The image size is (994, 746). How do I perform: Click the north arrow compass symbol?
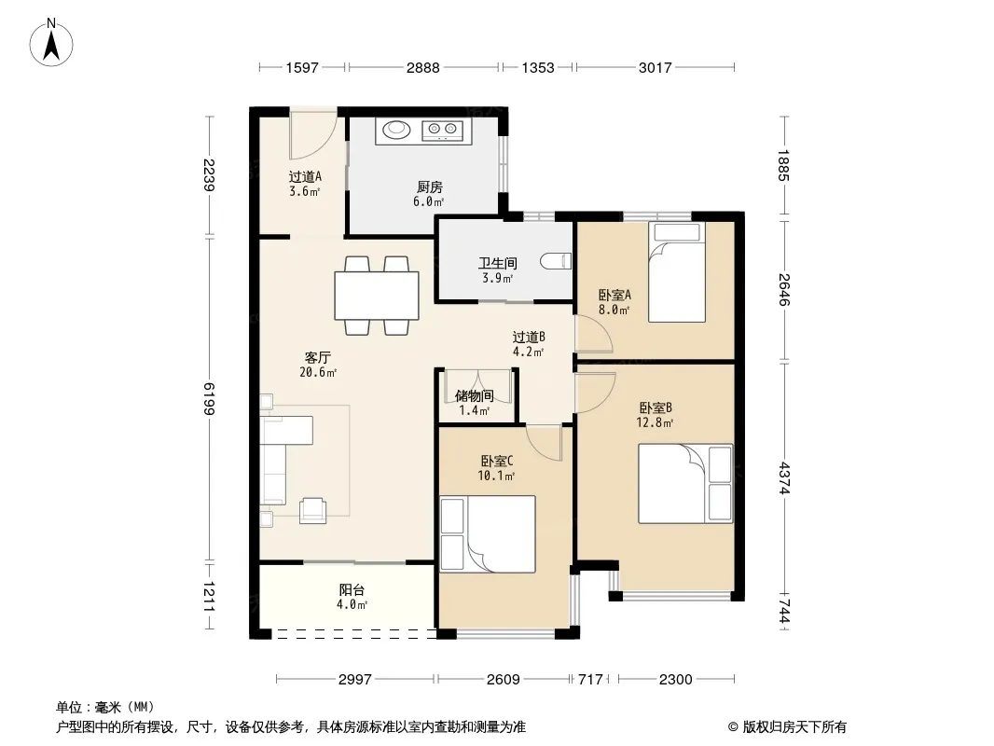(x=51, y=43)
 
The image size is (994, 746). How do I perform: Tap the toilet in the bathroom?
(x=556, y=261)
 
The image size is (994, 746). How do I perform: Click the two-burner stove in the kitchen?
(x=443, y=131)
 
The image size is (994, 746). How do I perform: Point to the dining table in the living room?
(x=377, y=296)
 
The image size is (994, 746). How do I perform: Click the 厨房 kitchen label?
(x=429, y=187)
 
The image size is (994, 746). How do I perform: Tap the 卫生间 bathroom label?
(x=498, y=263)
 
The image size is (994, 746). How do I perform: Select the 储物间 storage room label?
(x=475, y=396)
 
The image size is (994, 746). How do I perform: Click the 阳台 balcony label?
(x=352, y=590)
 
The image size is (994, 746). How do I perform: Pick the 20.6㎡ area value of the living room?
(x=318, y=372)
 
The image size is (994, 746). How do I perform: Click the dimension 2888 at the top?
(x=422, y=67)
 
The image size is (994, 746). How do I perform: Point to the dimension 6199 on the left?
(x=209, y=399)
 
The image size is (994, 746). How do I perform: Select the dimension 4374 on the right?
(x=784, y=477)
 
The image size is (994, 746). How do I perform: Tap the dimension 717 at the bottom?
(x=591, y=680)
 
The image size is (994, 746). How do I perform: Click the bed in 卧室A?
(x=677, y=272)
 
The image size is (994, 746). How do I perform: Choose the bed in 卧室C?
(x=488, y=534)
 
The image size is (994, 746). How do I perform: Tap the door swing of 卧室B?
(x=596, y=393)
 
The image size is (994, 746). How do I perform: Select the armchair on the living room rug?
(x=313, y=510)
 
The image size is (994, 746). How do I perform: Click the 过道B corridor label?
(x=529, y=338)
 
